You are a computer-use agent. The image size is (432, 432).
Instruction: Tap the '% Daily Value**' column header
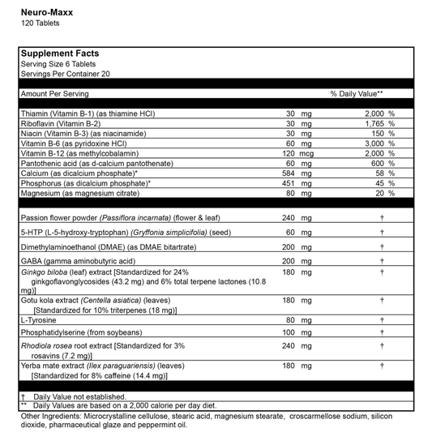pyautogui.click(x=357, y=94)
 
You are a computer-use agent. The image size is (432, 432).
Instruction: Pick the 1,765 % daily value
pyautogui.click(x=379, y=123)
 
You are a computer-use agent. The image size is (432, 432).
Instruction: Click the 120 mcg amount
pyautogui.click(x=297, y=152)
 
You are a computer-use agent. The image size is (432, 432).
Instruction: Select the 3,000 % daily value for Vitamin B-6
pyautogui.click(x=379, y=143)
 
